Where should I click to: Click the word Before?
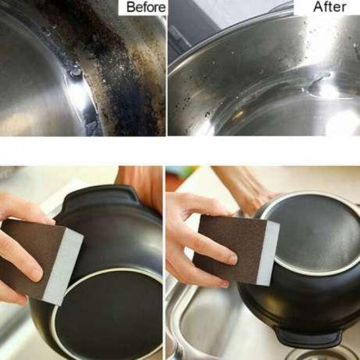(146, 7)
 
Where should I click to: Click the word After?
(330, 6)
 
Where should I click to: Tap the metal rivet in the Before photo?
(76, 72)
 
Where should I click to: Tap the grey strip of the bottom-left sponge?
(63, 266)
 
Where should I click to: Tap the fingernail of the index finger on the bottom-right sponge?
(233, 259)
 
